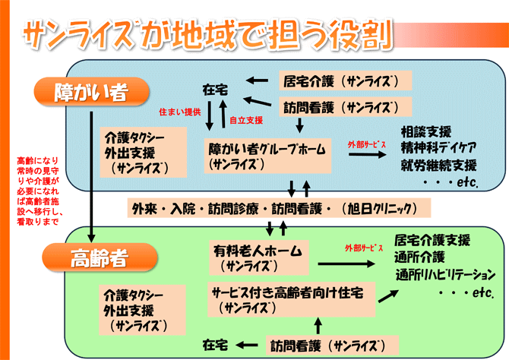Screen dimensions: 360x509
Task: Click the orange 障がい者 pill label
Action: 90,93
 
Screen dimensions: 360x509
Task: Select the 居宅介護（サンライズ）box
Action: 346,80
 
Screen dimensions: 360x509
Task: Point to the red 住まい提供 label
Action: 179,112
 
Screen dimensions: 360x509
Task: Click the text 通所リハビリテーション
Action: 444,273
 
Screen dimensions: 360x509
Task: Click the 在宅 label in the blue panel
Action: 216,89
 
